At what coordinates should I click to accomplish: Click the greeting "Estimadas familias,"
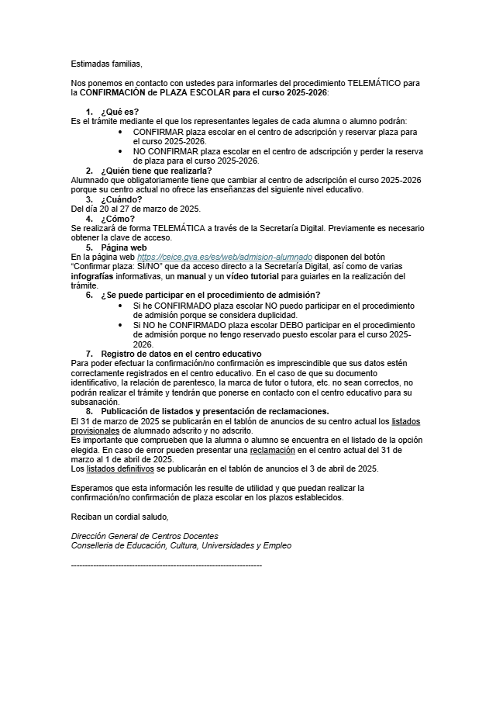[x=107, y=64]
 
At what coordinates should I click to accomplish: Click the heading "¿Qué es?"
[x=119, y=112]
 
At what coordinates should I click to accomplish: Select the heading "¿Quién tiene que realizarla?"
[x=156, y=171]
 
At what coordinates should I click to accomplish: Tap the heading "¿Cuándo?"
[x=121, y=199]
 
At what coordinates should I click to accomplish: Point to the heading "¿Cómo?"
[x=119, y=219]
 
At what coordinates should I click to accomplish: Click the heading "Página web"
[x=123, y=247]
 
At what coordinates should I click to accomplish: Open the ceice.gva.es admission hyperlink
[x=225, y=257]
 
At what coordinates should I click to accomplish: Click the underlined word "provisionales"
[x=96, y=431]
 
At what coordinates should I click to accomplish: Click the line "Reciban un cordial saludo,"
[x=119, y=517]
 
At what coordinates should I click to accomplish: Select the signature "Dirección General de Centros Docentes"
[x=144, y=536]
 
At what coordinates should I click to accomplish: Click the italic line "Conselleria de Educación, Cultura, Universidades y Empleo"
[x=181, y=545]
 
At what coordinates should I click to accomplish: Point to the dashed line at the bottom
[x=166, y=565]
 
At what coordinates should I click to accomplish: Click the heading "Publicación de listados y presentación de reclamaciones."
[x=215, y=411]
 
